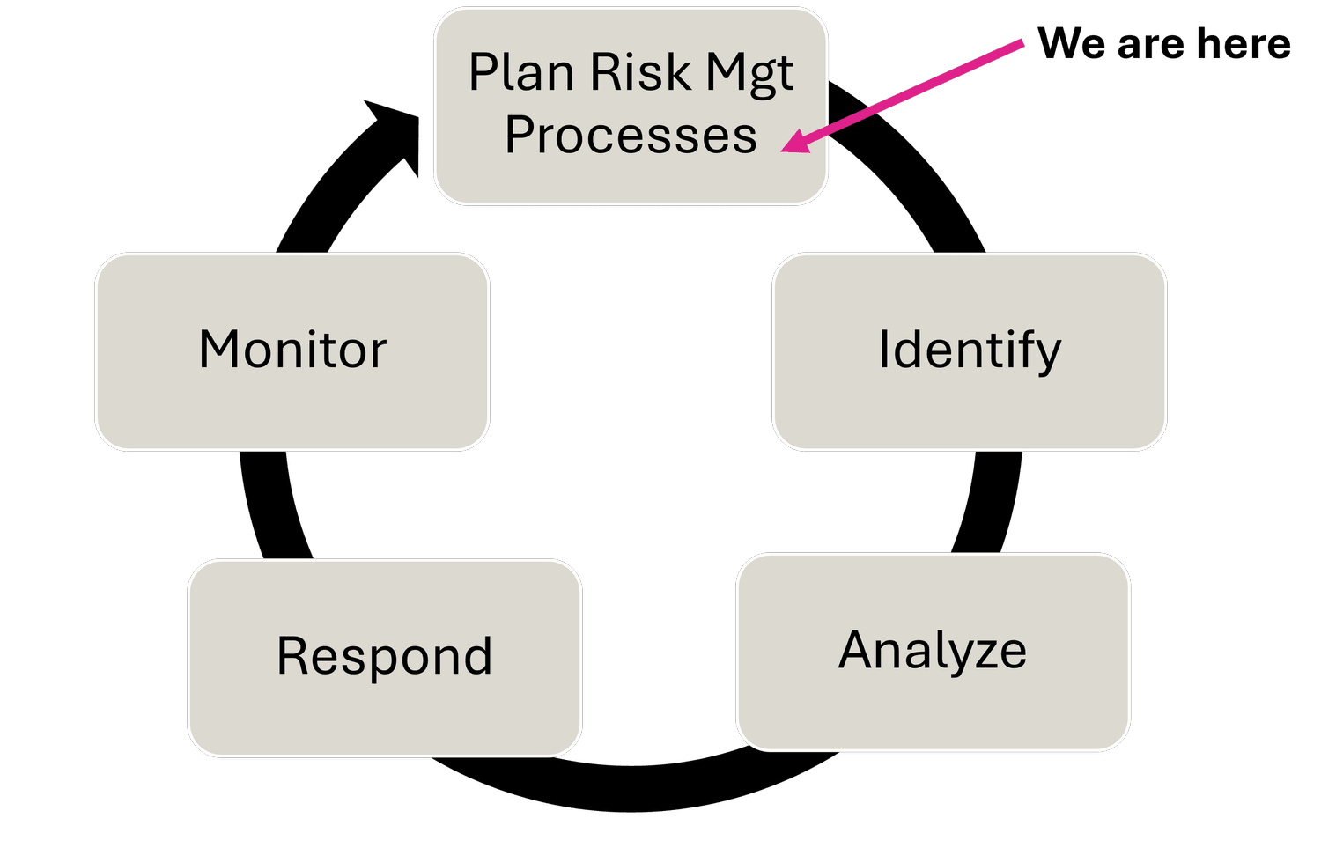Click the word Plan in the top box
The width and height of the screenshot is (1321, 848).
[521, 72]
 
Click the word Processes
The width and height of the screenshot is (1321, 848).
[631, 136]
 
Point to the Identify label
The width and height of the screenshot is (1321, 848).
[970, 350]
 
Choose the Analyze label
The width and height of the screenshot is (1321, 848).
[933, 652]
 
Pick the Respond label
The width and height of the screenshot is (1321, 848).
[384, 657]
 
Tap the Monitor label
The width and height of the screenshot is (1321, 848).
[292, 350]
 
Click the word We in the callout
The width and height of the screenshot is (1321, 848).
[1072, 43]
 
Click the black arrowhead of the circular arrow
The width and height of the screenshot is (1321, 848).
[396, 132]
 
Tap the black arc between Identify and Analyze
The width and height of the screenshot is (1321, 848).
[991, 502]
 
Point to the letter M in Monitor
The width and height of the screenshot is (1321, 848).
[220, 350]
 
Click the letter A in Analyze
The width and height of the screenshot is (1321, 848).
[860, 651]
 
